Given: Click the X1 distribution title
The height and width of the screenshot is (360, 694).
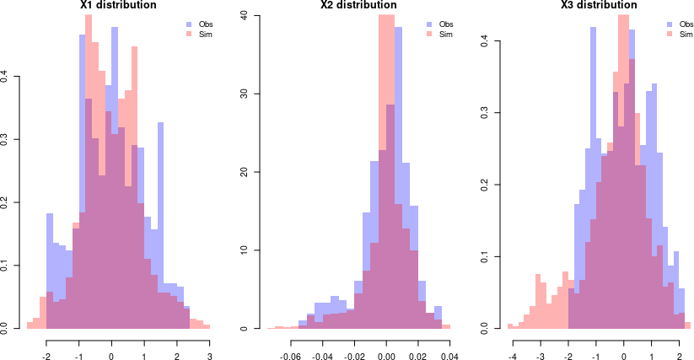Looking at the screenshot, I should click(x=117, y=5).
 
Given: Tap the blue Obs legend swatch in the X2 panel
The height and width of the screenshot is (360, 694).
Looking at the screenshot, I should click(x=430, y=24).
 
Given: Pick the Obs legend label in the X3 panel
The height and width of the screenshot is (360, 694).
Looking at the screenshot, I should click(x=686, y=24).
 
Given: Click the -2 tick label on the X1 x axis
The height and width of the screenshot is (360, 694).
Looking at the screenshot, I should click(x=46, y=344).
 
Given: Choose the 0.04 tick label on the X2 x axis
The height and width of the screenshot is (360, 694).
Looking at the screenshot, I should click(x=449, y=344).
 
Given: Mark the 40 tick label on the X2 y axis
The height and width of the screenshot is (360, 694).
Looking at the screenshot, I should click(x=245, y=15).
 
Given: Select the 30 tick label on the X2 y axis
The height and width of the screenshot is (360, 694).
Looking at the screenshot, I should click(x=245, y=94).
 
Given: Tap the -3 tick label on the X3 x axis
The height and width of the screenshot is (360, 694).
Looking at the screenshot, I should click(x=540, y=344).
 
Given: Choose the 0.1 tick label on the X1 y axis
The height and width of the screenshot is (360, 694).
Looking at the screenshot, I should click(x=6, y=266).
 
